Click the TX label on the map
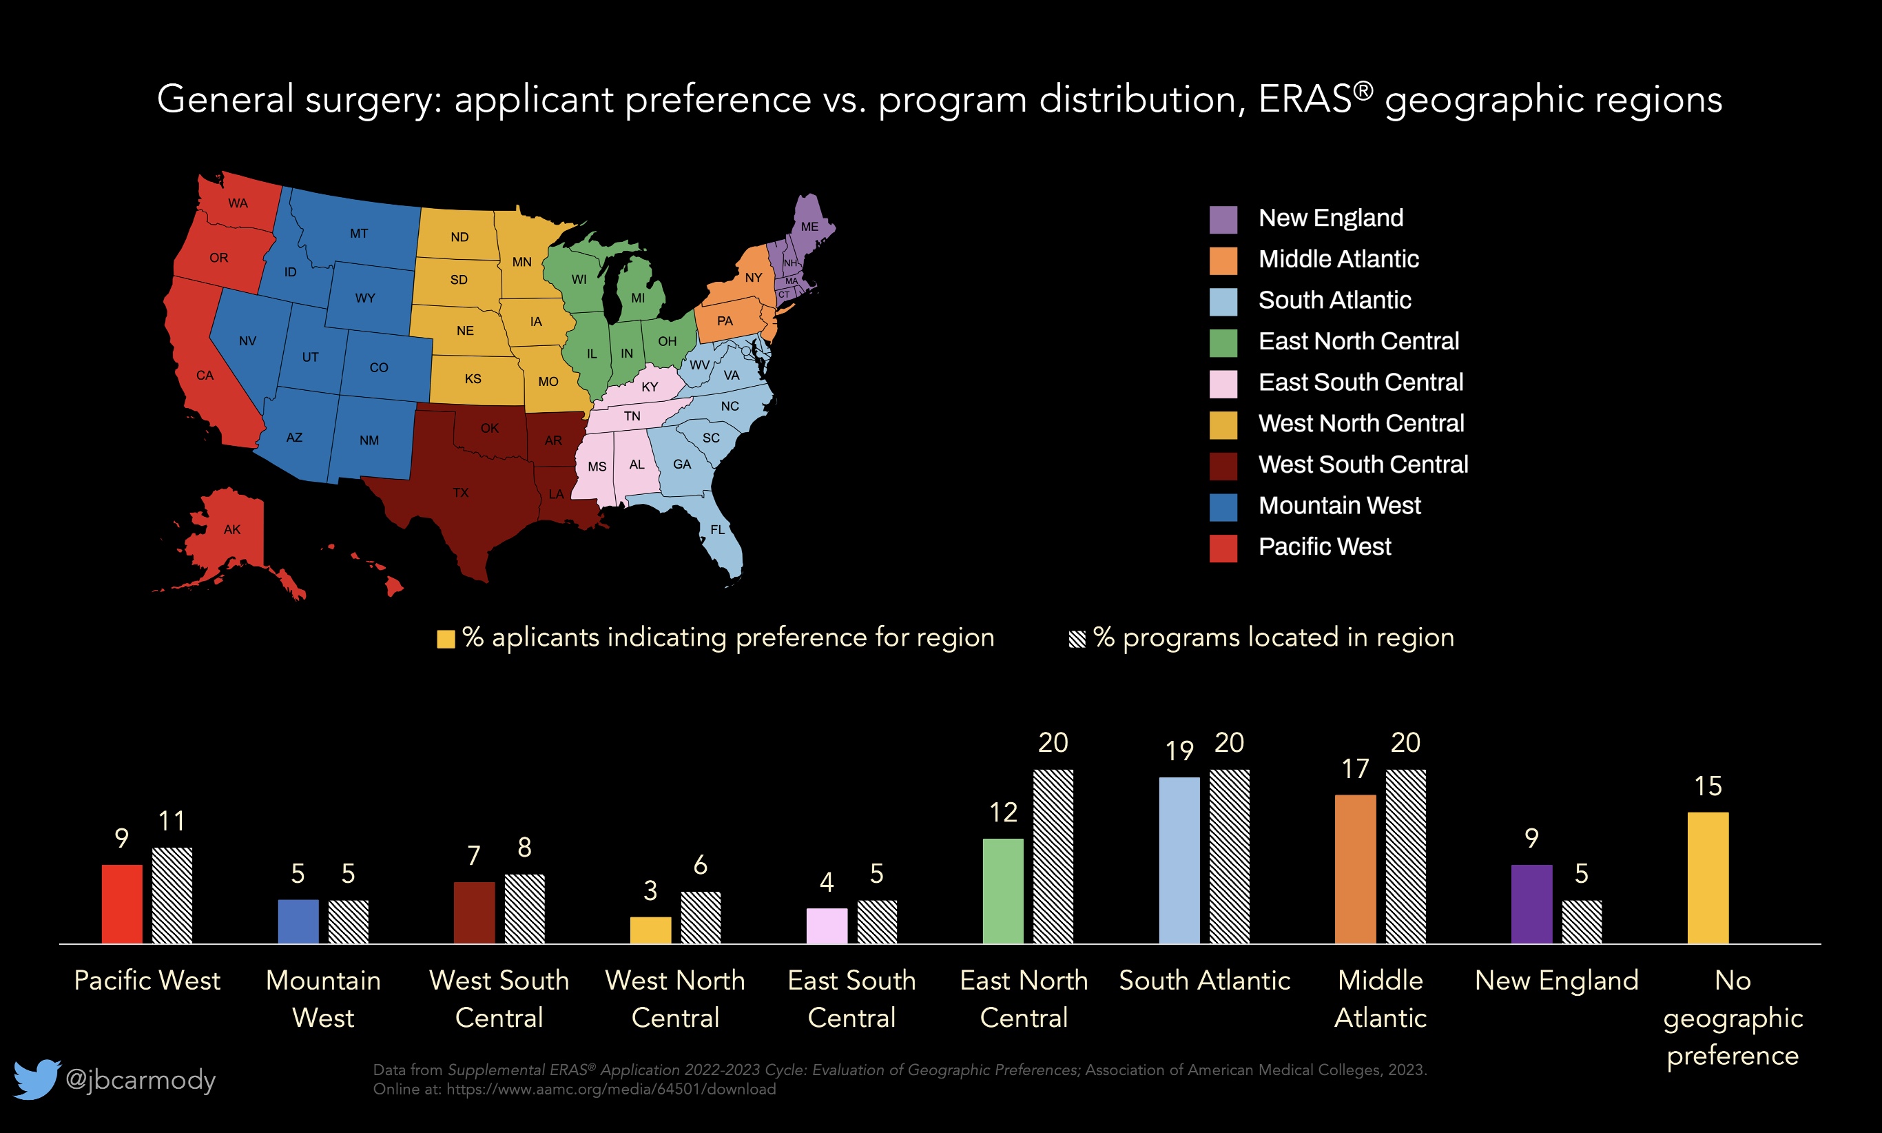(x=460, y=493)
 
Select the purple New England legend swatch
(x=1223, y=219)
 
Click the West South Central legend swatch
(x=1223, y=466)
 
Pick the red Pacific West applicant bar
(x=122, y=904)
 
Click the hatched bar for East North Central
(x=1053, y=856)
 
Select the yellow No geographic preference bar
(x=1708, y=878)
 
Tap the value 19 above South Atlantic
(x=1179, y=751)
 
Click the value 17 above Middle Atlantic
(x=1356, y=769)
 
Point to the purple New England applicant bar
(x=1531, y=904)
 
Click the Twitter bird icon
(x=37, y=1078)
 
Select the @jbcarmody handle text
(x=141, y=1079)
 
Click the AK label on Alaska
(x=232, y=529)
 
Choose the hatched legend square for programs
(x=1077, y=639)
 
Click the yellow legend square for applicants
(x=446, y=639)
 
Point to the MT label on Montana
(x=359, y=234)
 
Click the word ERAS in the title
(x=1305, y=99)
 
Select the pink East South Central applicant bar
(x=827, y=926)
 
